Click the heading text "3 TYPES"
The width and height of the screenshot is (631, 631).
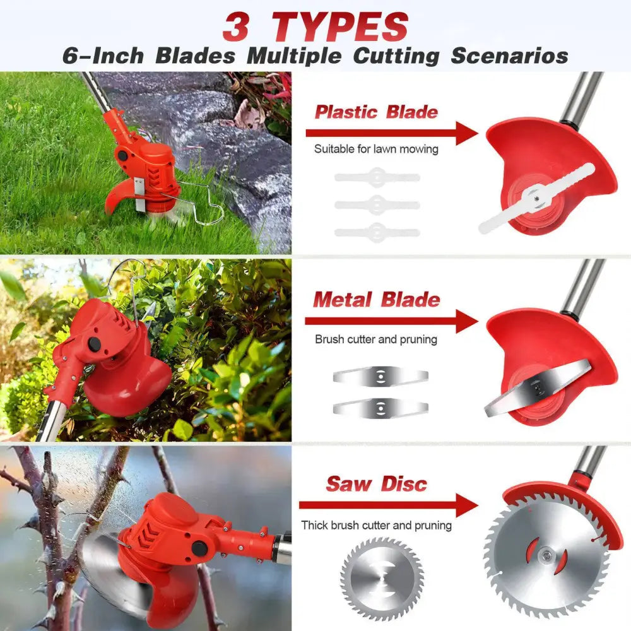pos(315,27)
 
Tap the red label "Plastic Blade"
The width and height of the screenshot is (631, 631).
pos(376,112)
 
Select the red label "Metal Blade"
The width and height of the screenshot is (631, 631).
pos(377,299)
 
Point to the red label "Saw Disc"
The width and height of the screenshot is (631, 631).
pos(376,484)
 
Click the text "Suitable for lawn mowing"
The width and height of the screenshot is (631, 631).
pos(376,150)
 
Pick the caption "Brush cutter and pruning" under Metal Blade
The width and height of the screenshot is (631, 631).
pos(376,339)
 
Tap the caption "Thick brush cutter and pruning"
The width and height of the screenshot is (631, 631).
pos(376,525)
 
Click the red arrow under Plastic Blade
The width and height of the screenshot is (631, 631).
pos(391,133)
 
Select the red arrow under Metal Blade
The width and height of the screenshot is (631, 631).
pos(391,321)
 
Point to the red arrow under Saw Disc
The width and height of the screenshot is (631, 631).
pos(387,505)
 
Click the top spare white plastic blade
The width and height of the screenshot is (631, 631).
pos(377,177)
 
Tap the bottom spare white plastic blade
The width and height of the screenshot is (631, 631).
pos(377,232)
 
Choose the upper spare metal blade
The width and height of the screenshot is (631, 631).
pos(380,377)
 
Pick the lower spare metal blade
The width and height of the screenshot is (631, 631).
pos(380,407)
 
